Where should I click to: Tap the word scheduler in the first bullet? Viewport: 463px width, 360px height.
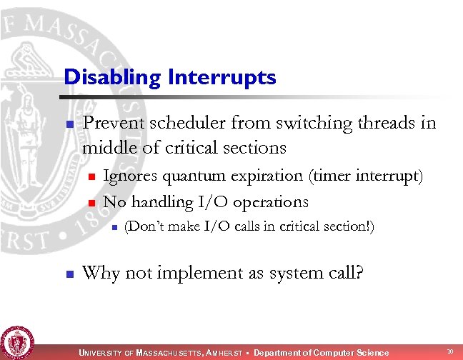(170, 123)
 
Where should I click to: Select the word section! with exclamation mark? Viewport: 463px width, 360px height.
(352, 227)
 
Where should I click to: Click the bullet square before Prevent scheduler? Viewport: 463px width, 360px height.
(69, 124)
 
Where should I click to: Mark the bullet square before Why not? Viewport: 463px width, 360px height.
(69, 274)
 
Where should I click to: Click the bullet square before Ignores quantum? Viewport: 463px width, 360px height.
(91, 176)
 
